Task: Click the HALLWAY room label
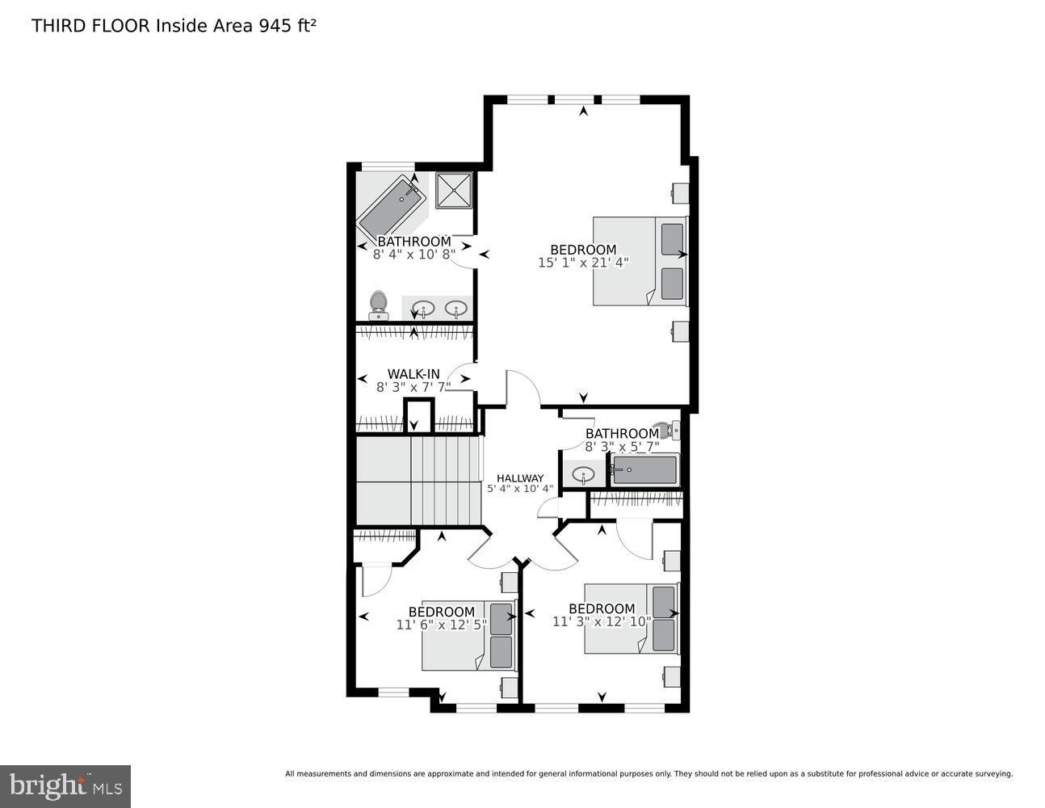(519, 478)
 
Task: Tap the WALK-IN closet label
(413, 373)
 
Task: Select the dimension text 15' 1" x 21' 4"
(582, 263)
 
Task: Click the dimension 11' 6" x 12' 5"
(442, 625)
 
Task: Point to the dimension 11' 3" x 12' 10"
(602, 621)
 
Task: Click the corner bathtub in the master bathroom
(392, 204)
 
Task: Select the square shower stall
(453, 191)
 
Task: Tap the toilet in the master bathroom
(378, 305)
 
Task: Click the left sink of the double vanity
(423, 308)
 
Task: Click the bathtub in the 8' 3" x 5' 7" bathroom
(644, 469)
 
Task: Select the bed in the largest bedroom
(638, 260)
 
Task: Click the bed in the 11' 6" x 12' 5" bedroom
(468, 635)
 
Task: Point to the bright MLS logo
(65, 785)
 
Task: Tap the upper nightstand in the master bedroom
(680, 193)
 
